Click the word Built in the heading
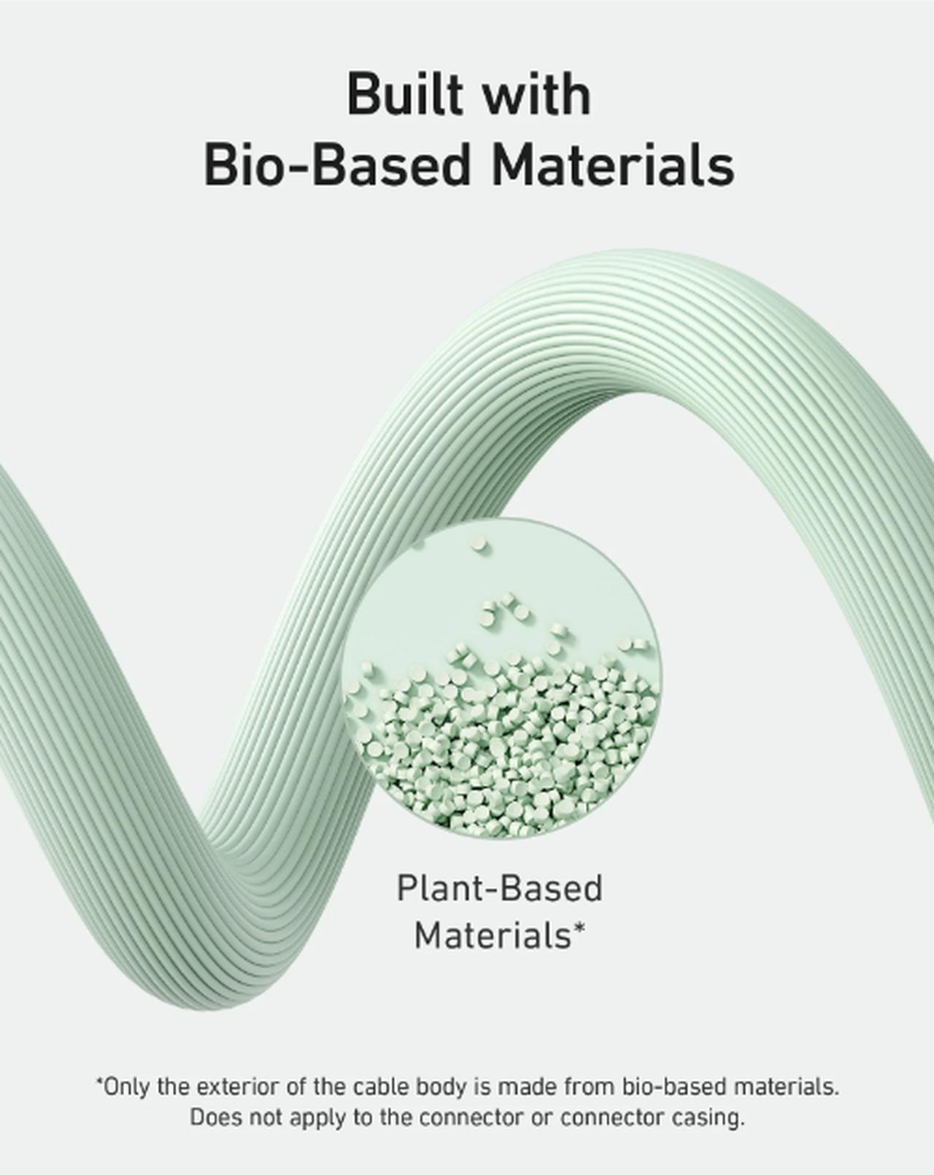tap(404, 94)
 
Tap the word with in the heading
tap(538, 94)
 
